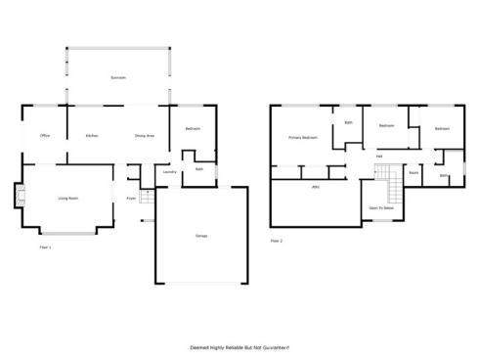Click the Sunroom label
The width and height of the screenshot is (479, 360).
[x=118, y=75]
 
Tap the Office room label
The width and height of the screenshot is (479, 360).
[x=44, y=135]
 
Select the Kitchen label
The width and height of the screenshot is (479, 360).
[x=92, y=135]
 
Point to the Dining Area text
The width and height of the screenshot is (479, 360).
[x=145, y=135]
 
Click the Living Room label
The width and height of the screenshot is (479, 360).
[x=67, y=198]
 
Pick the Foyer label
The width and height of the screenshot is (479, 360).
[x=131, y=199]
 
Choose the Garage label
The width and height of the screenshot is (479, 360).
[x=200, y=236]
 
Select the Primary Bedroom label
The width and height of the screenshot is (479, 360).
[x=302, y=138]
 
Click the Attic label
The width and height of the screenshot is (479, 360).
[x=316, y=186]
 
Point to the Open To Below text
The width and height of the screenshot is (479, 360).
[x=380, y=208]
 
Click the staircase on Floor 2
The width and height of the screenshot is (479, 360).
[x=392, y=179]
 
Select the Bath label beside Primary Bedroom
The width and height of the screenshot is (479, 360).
[x=348, y=122]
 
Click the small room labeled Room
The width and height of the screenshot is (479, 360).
[x=414, y=172]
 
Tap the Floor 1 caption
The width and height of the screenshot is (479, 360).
[x=45, y=247]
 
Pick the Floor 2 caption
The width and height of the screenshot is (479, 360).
[x=277, y=240]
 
